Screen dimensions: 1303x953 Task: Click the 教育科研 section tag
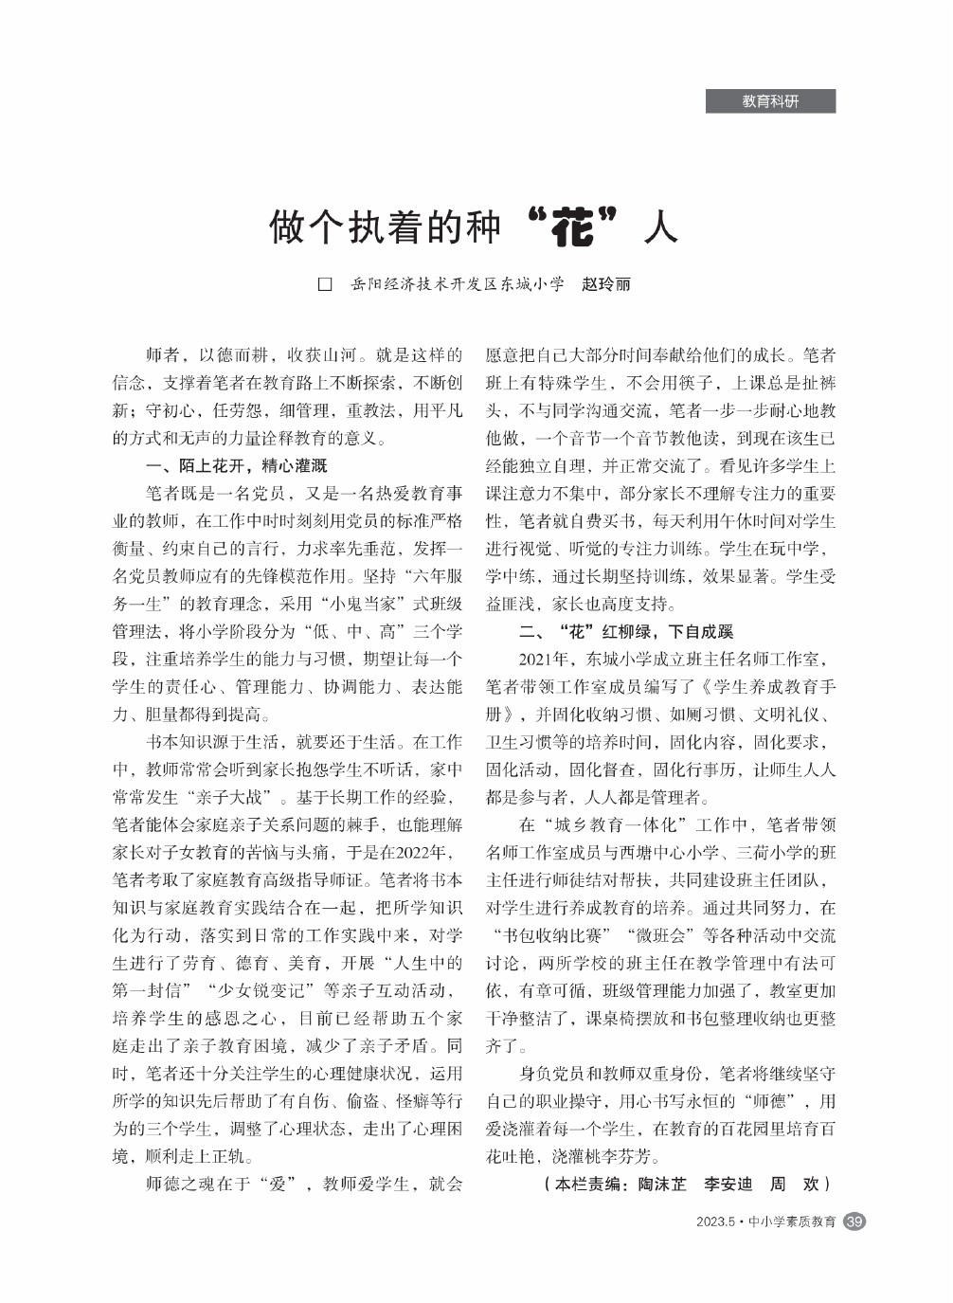[x=769, y=101]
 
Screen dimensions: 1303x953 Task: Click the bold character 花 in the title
[x=572, y=227]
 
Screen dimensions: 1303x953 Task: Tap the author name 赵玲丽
[x=606, y=284]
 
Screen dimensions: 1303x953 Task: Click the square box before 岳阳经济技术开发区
[x=325, y=284]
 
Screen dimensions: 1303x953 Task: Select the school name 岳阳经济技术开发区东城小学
[x=457, y=284]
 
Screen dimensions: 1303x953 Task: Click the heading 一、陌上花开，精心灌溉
[x=236, y=465]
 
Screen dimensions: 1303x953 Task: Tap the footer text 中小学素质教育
[x=792, y=1222]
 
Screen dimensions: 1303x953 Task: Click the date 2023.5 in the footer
[x=715, y=1222]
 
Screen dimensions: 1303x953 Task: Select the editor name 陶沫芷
[x=662, y=1184]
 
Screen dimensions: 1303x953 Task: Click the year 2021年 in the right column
[x=544, y=659]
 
